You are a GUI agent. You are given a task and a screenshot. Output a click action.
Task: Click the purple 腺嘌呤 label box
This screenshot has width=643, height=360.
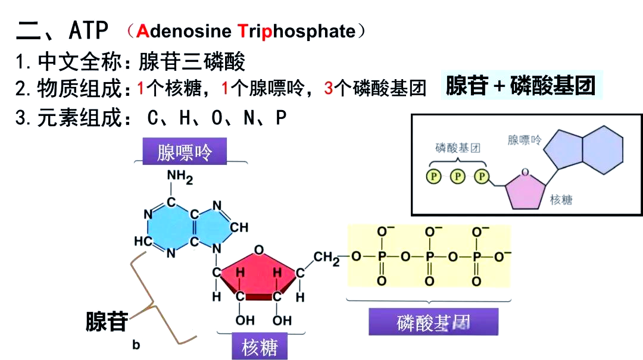pyautogui.click(x=185, y=152)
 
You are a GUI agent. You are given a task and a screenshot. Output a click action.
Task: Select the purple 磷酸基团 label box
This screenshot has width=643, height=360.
pyautogui.click(x=433, y=323)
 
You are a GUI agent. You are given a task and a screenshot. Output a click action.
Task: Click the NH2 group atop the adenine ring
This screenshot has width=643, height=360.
pyautogui.click(x=179, y=176)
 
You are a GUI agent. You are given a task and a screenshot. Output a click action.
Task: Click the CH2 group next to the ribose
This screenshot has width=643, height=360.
pyautogui.click(x=327, y=258)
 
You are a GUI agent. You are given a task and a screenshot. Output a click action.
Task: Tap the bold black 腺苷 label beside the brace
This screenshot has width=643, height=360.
pyautogui.click(x=107, y=321)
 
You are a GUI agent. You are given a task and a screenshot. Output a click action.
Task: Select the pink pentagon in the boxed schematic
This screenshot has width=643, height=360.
pyautogui.click(x=525, y=189)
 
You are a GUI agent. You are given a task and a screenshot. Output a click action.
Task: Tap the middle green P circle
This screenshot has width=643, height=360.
pyautogui.click(x=457, y=176)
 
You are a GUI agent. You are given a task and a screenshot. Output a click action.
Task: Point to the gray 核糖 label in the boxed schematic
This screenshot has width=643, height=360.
pyautogui.click(x=561, y=200)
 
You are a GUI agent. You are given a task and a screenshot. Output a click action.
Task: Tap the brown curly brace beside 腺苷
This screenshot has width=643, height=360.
pyautogui.click(x=156, y=298)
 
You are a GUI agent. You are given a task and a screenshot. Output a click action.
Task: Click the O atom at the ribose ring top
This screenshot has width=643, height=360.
pyautogui.click(x=258, y=249)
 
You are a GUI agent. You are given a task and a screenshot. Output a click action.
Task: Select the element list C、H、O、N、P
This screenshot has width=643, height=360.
pyautogui.click(x=217, y=118)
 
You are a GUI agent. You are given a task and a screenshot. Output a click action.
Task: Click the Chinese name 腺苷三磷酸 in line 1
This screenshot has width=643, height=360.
pyautogui.click(x=192, y=61)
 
